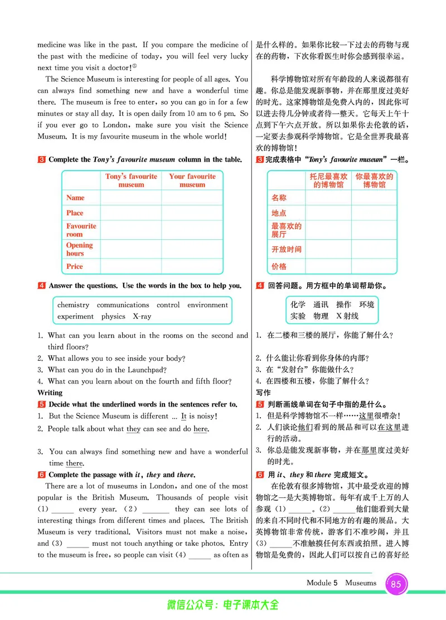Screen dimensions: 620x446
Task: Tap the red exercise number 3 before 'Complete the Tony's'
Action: click(42, 159)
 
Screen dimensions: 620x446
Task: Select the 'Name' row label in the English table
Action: click(75, 198)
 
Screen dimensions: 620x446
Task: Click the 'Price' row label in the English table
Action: click(75, 267)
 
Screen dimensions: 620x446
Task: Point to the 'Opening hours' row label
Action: click(79, 249)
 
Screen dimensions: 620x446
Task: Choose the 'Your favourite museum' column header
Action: click(192, 180)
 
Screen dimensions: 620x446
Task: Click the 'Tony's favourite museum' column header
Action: click(132, 180)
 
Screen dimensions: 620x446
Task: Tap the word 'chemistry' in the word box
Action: click(73, 305)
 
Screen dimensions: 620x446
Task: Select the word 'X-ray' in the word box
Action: click(142, 317)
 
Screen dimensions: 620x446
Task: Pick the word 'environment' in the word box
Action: click(207, 305)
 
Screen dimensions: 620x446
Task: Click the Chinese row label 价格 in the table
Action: click(279, 267)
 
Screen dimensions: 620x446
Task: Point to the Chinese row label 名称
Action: click(279, 198)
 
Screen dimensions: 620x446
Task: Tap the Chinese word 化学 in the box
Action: click(298, 305)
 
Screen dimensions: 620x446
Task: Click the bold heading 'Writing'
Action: click(50, 393)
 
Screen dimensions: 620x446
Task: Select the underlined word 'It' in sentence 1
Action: click(183, 416)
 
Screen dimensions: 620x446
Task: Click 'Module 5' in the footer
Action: click(322, 583)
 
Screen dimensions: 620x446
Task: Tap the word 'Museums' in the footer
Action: click(361, 583)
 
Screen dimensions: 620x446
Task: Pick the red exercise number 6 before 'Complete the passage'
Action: click(42, 475)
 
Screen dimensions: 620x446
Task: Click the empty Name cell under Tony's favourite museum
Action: click(131, 198)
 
